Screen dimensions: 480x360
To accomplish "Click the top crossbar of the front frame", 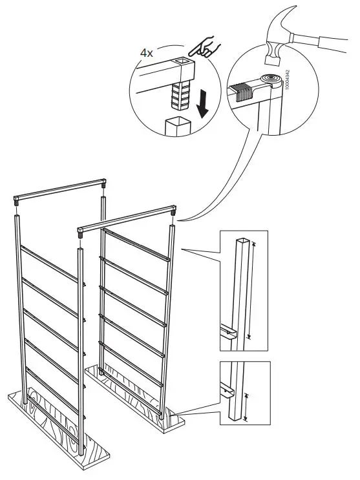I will click(x=126, y=218).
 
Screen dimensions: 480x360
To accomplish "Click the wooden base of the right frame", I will click(x=136, y=397).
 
